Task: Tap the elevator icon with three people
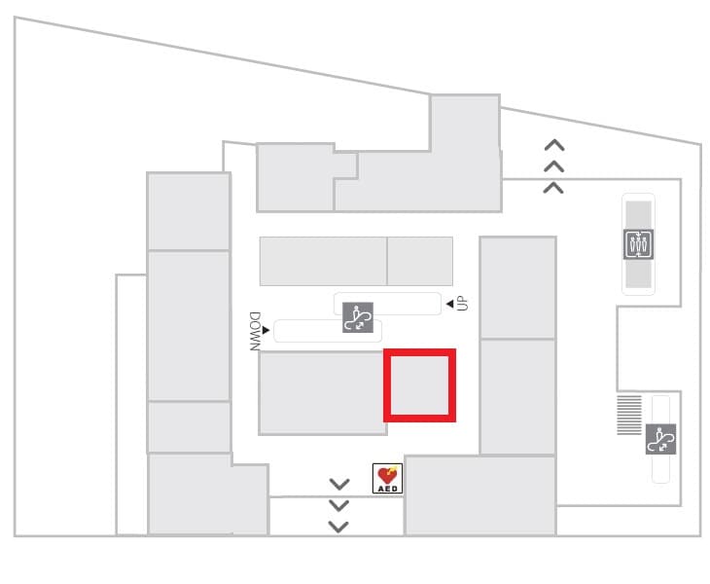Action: click(x=638, y=244)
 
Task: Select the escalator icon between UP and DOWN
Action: click(x=358, y=317)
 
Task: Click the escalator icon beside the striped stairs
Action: click(x=660, y=439)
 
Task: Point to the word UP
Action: click(x=462, y=303)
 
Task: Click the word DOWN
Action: click(x=255, y=331)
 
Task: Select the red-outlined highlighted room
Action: click(x=420, y=385)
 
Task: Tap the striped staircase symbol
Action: click(x=629, y=415)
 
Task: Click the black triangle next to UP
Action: click(x=449, y=304)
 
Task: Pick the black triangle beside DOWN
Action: click(x=266, y=330)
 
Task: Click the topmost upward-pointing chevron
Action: click(x=554, y=145)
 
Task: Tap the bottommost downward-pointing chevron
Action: click(x=338, y=527)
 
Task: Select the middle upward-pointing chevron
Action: click(x=553, y=166)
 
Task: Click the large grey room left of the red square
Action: click(x=322, y=393)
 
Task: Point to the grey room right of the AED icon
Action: click(x=479, y=495)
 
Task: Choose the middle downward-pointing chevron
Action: click(x=338, y=505)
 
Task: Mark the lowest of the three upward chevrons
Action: click(x=553, y=188)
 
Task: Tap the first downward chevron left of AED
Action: click(x=339, y=484)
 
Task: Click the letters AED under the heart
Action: click(x=388, y=489)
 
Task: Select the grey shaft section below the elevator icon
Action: click(x=638, y=274)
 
